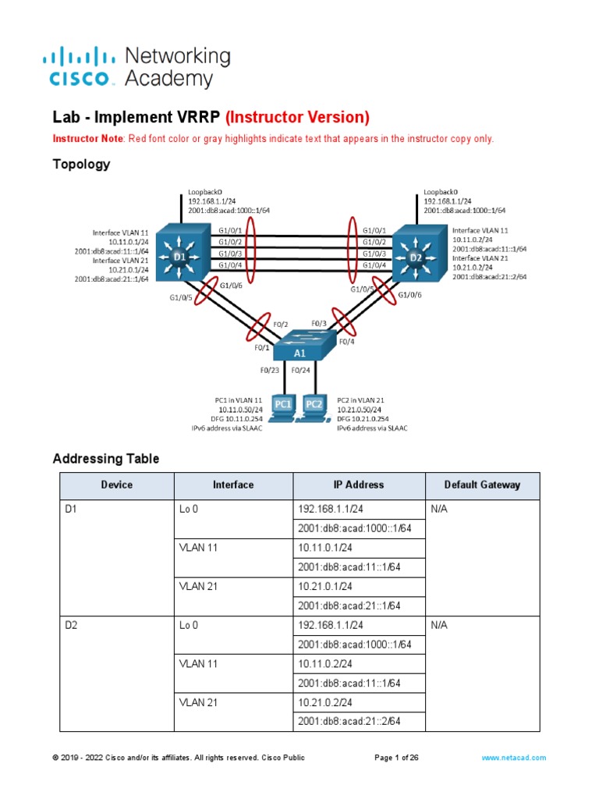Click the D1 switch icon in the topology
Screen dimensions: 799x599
[180, 255]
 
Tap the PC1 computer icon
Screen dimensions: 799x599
[282, 407]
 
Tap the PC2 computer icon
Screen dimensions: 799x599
[314, 407]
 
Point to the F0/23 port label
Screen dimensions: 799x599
[271, 371]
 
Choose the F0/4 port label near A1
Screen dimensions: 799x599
[347, 341]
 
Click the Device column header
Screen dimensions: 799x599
[117, 485]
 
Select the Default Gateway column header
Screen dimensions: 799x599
[482, 485]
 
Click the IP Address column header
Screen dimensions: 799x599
[359, 485]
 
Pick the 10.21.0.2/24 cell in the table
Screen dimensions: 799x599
[324, 702]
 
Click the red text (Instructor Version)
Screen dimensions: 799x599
[297, 118]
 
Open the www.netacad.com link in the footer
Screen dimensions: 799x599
[514, 758]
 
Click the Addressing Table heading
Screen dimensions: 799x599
[105, 459]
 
